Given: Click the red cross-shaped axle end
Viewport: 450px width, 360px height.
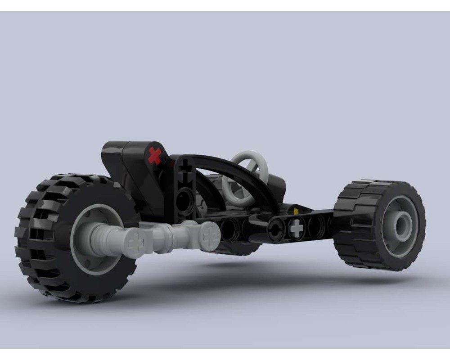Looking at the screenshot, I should [155, 155].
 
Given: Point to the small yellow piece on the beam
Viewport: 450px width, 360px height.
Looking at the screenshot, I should [296, 210].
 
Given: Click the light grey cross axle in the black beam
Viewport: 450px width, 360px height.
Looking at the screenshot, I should [296, 228].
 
